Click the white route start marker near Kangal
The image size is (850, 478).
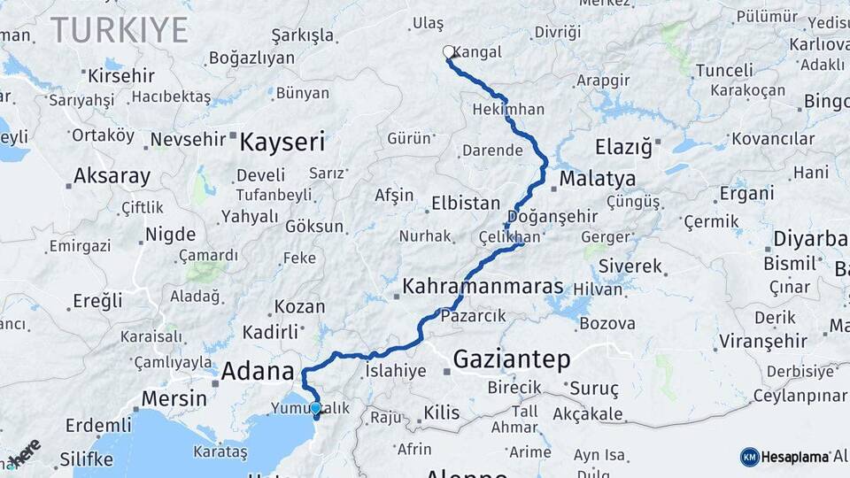pos(449,52)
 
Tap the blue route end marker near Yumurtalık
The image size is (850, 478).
pos(316,409)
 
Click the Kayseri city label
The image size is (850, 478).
pos(282,142)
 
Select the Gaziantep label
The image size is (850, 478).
pos(512,358)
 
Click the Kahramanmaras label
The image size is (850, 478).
pos(483,286)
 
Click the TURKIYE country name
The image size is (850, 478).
pos(120,30)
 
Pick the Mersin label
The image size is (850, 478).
pos(174,398)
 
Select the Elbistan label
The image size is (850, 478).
pos(466,203)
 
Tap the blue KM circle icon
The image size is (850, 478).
pos(750,457)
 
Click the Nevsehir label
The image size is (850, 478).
pos(189,140)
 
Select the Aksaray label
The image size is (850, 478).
pos(112,175)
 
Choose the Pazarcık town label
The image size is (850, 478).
pos(473,315)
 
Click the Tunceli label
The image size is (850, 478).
pos(724,70)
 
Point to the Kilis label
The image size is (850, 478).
pos(442,412)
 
